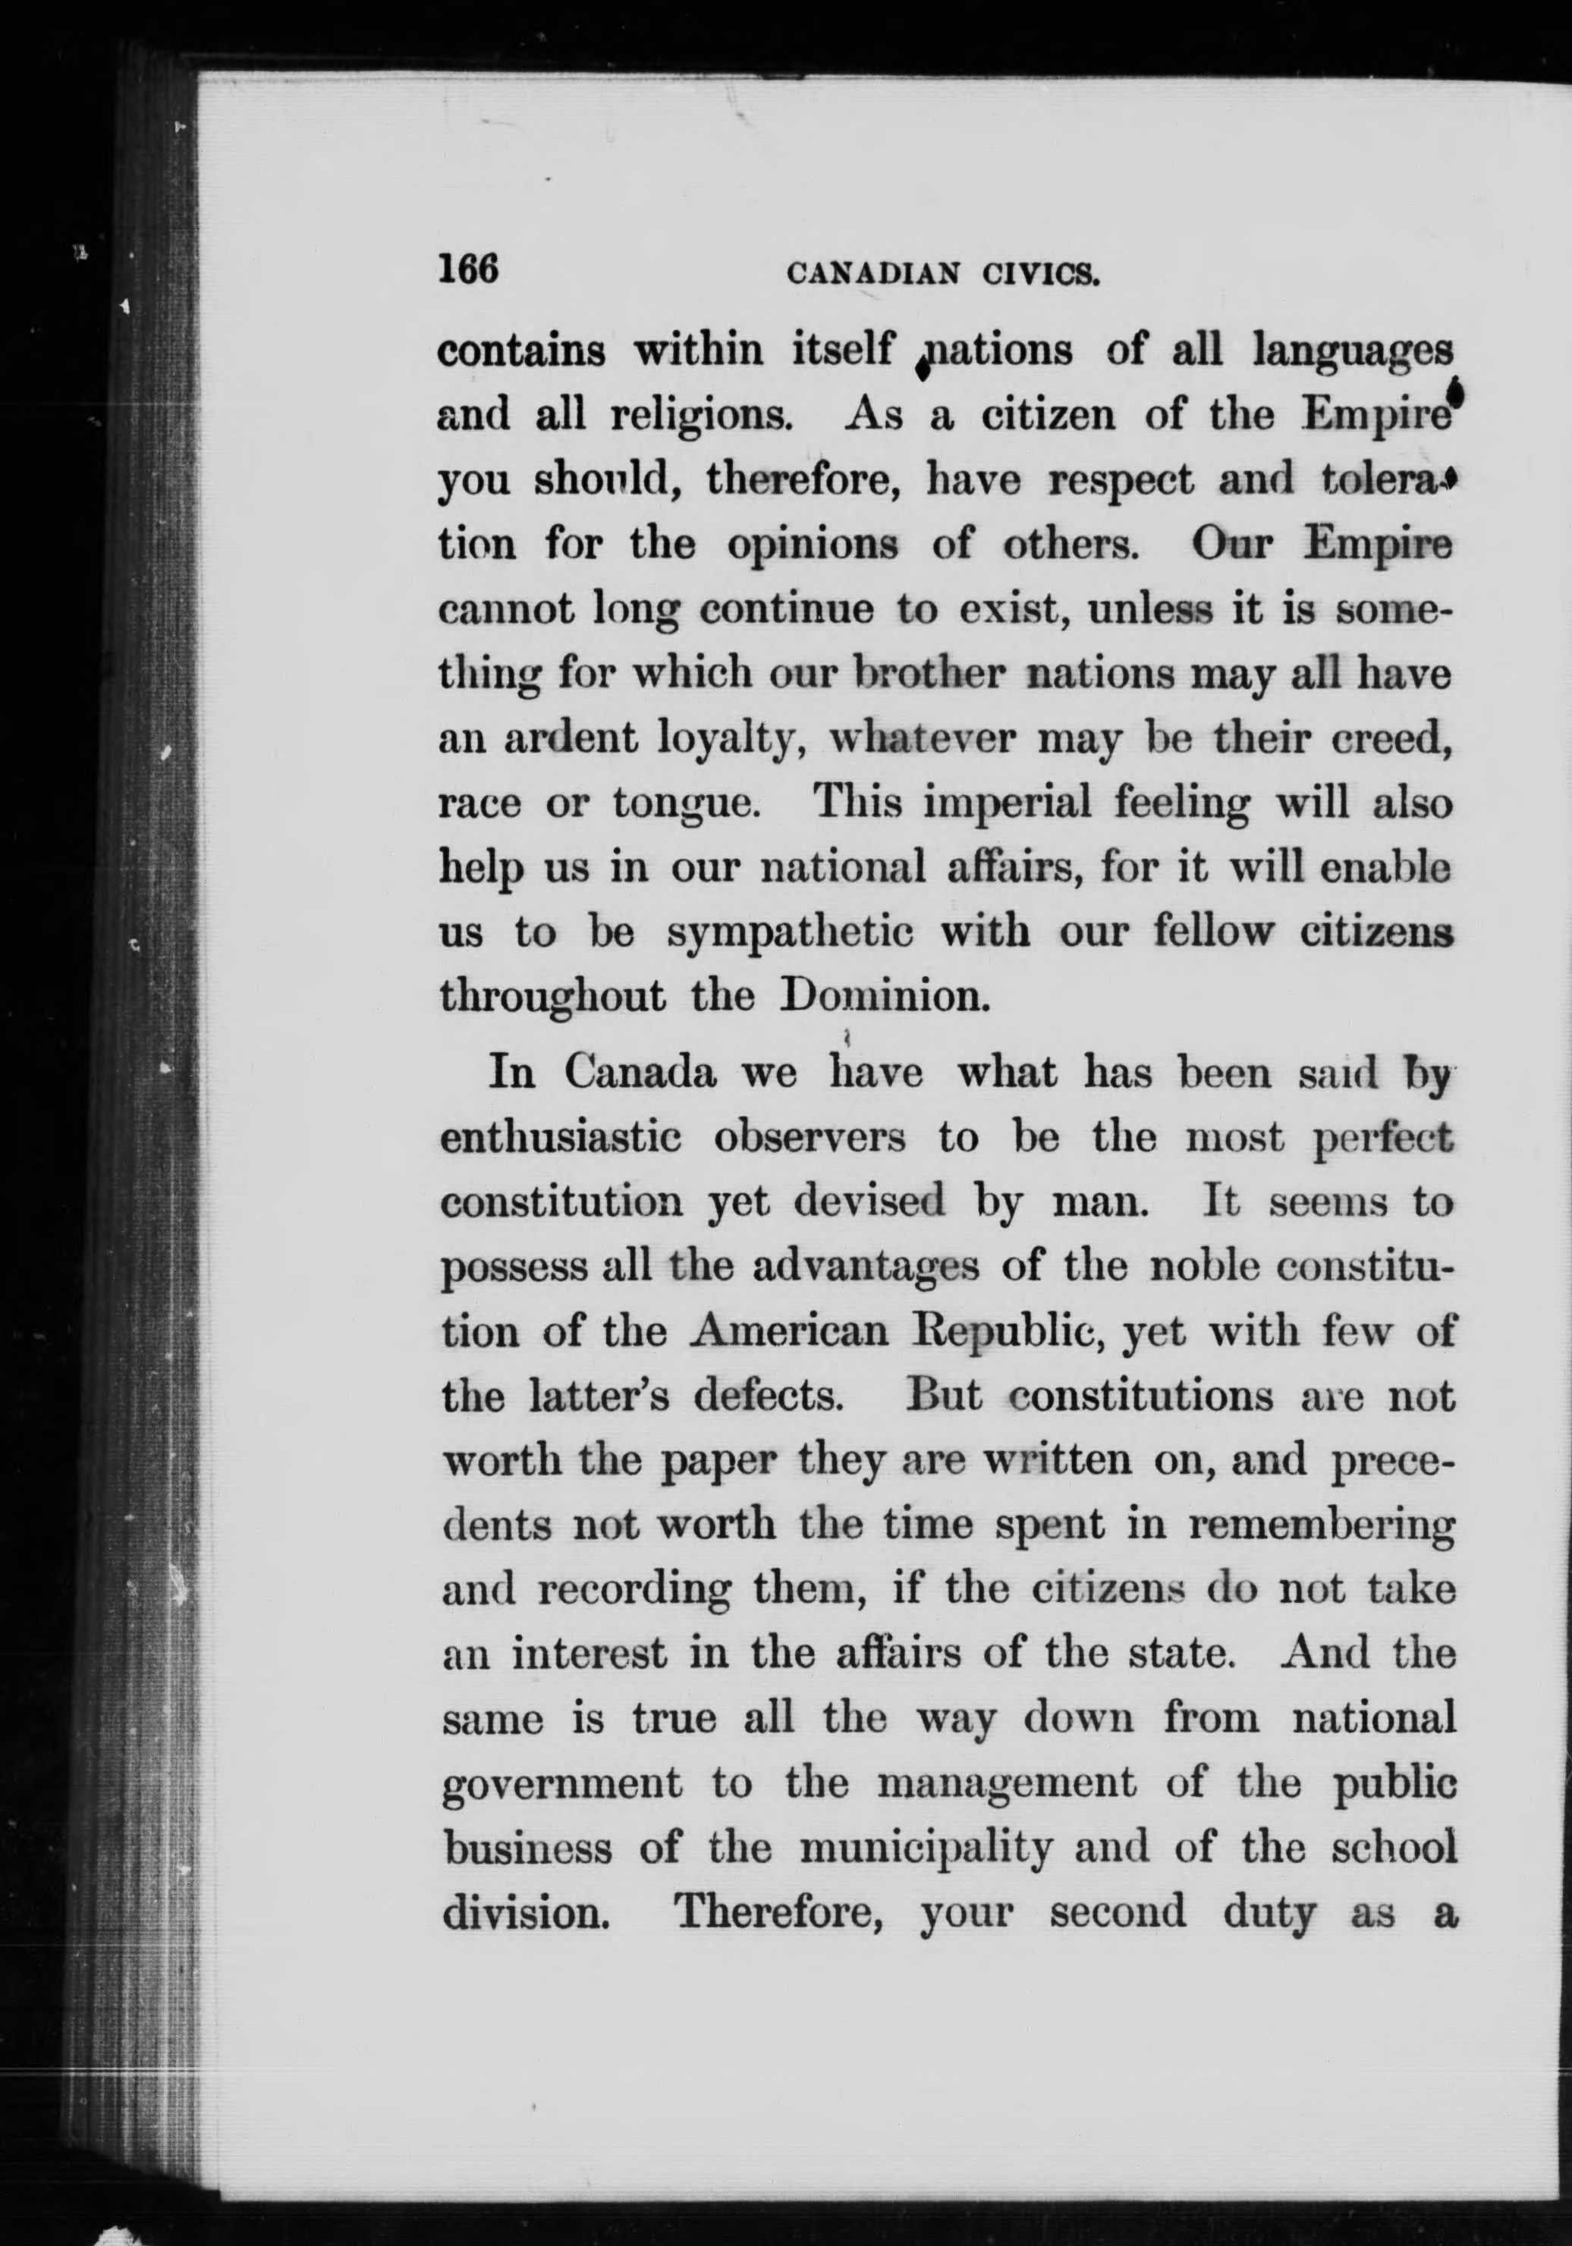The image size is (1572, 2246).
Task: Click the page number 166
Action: [470, 269]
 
